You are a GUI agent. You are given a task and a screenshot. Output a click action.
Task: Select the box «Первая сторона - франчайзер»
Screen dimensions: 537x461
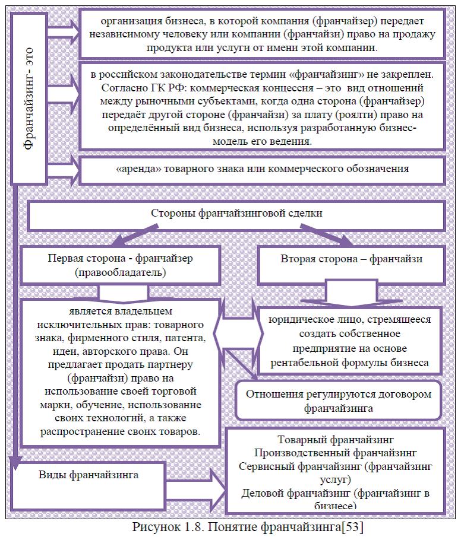(121, 265)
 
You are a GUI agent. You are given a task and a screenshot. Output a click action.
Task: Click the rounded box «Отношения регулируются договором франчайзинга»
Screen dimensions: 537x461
(339, 401)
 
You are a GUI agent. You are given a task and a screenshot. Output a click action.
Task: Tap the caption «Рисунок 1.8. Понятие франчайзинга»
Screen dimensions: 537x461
(232, 526)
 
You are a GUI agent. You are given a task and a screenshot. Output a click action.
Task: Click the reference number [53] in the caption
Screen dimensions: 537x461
(351, 526)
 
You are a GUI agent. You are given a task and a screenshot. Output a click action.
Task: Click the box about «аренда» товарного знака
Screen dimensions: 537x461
(263, 169)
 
